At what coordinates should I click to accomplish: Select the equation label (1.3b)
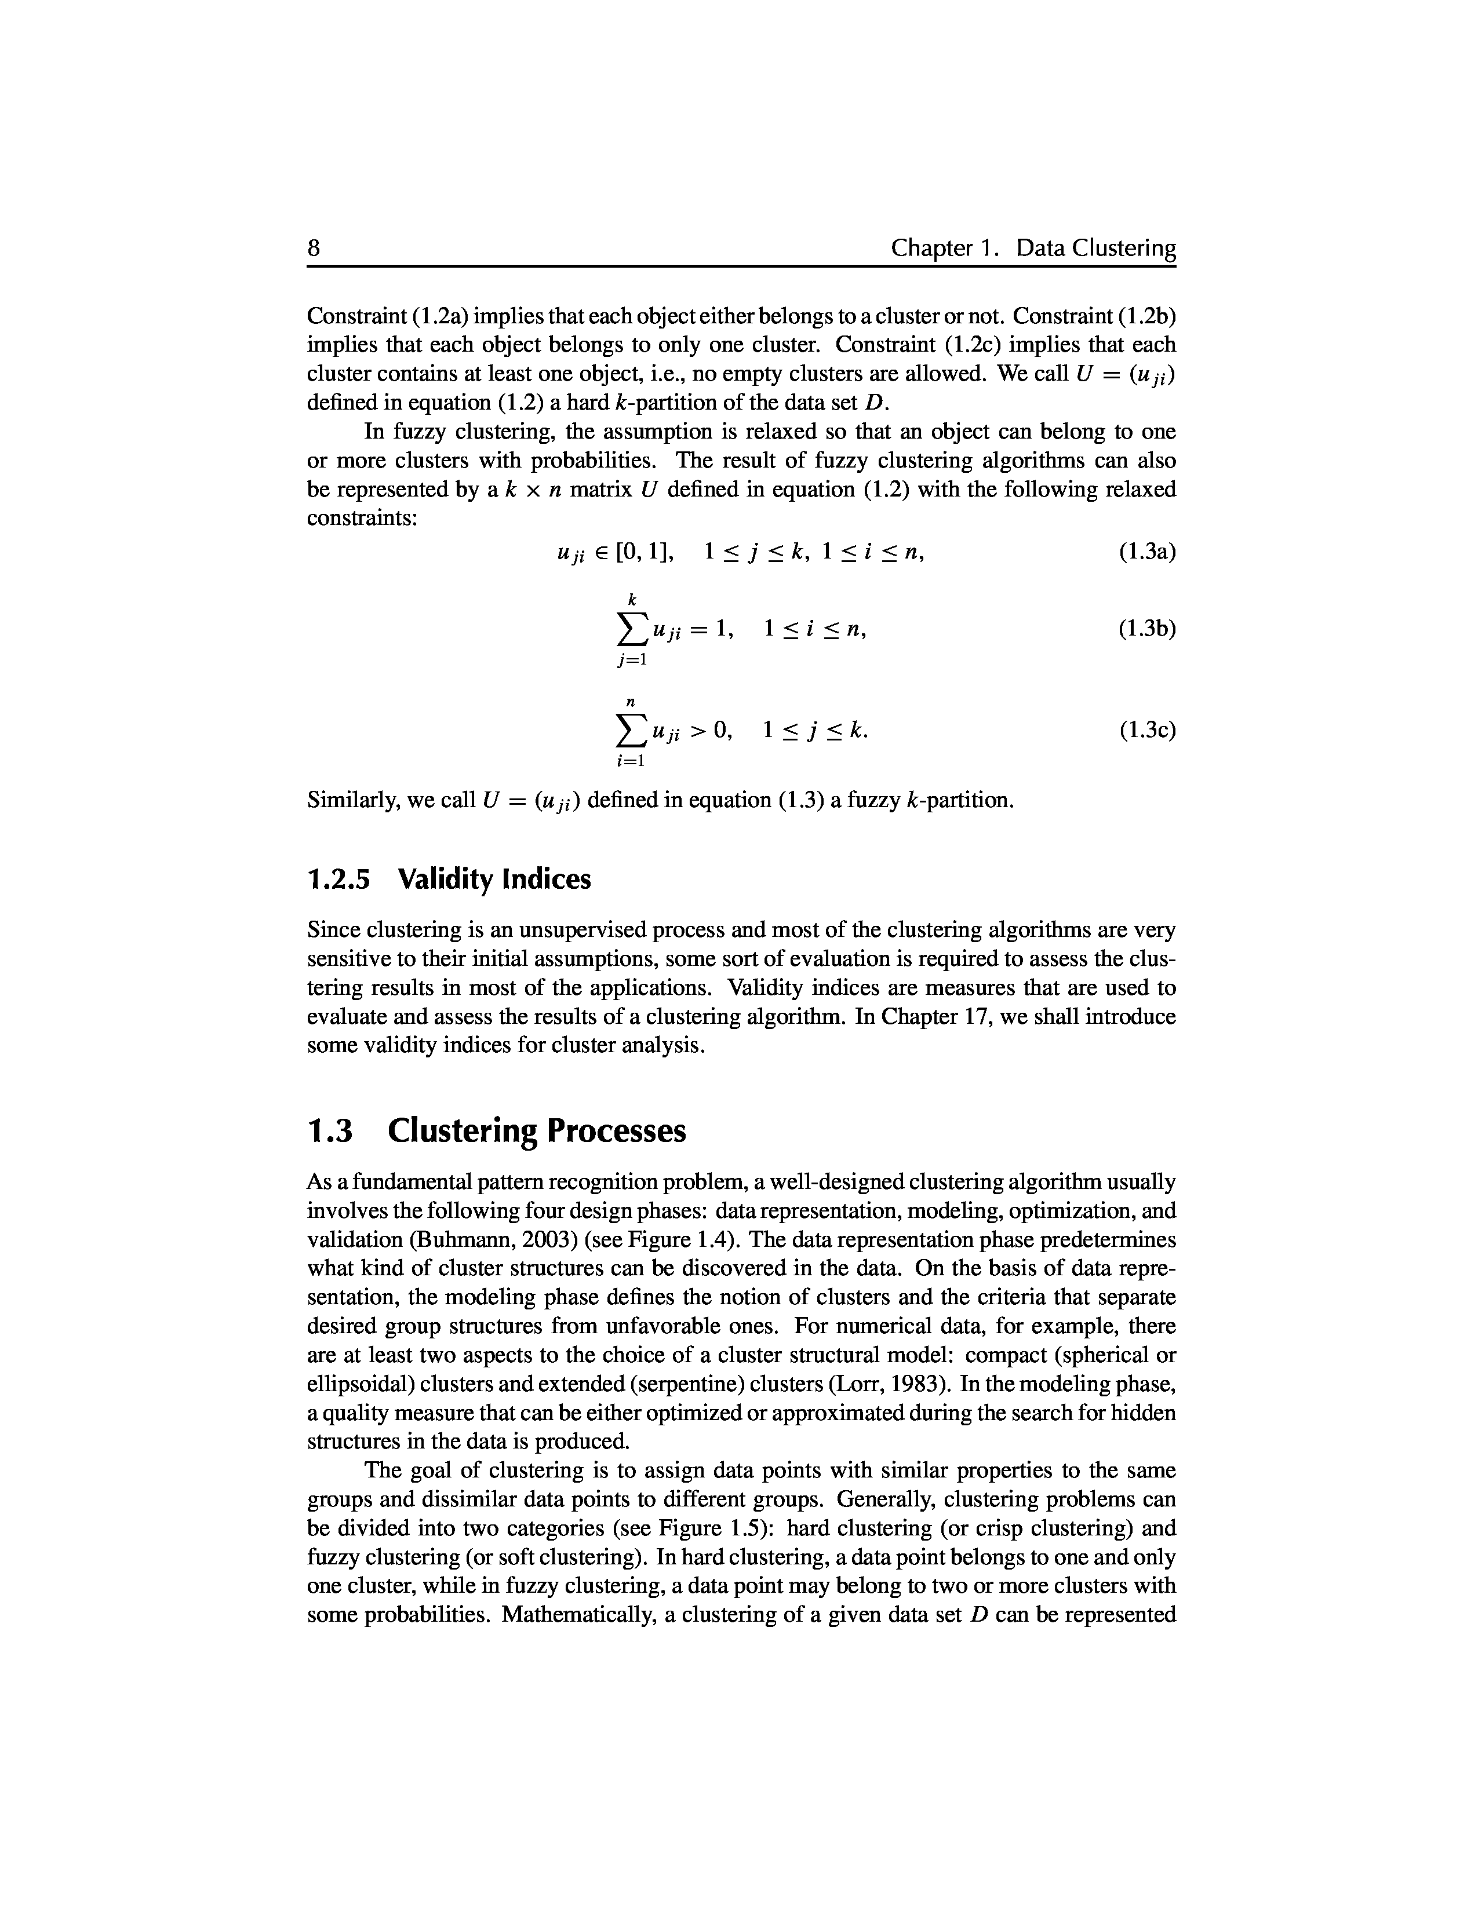1147,629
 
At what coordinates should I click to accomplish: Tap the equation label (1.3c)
1147,730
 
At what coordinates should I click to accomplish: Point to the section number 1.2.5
339,879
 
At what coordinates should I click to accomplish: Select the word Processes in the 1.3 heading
617,1131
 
